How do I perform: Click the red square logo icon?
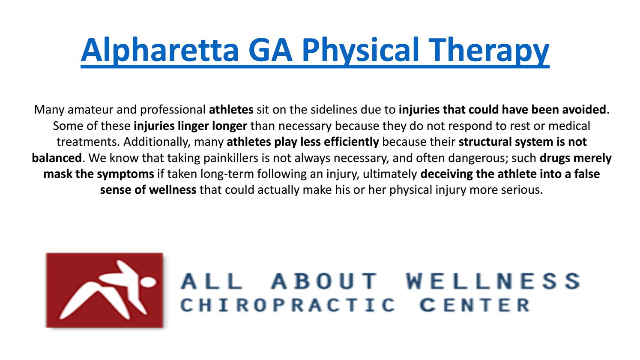pos(105,290)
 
